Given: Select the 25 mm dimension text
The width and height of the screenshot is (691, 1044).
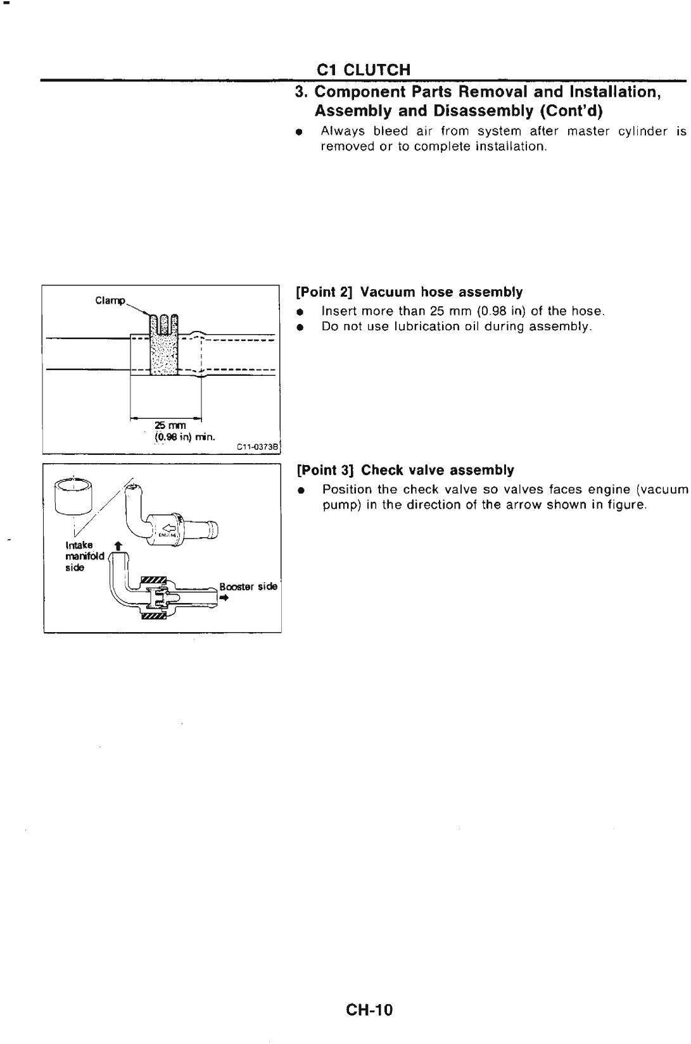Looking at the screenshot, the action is (166, 426).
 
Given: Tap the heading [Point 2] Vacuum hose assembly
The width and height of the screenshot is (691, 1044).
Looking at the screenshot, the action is (410, 292).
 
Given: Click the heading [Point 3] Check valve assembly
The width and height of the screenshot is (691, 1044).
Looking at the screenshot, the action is (405, 470).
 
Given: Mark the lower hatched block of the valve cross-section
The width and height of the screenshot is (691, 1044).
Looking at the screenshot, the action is (153, 615).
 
